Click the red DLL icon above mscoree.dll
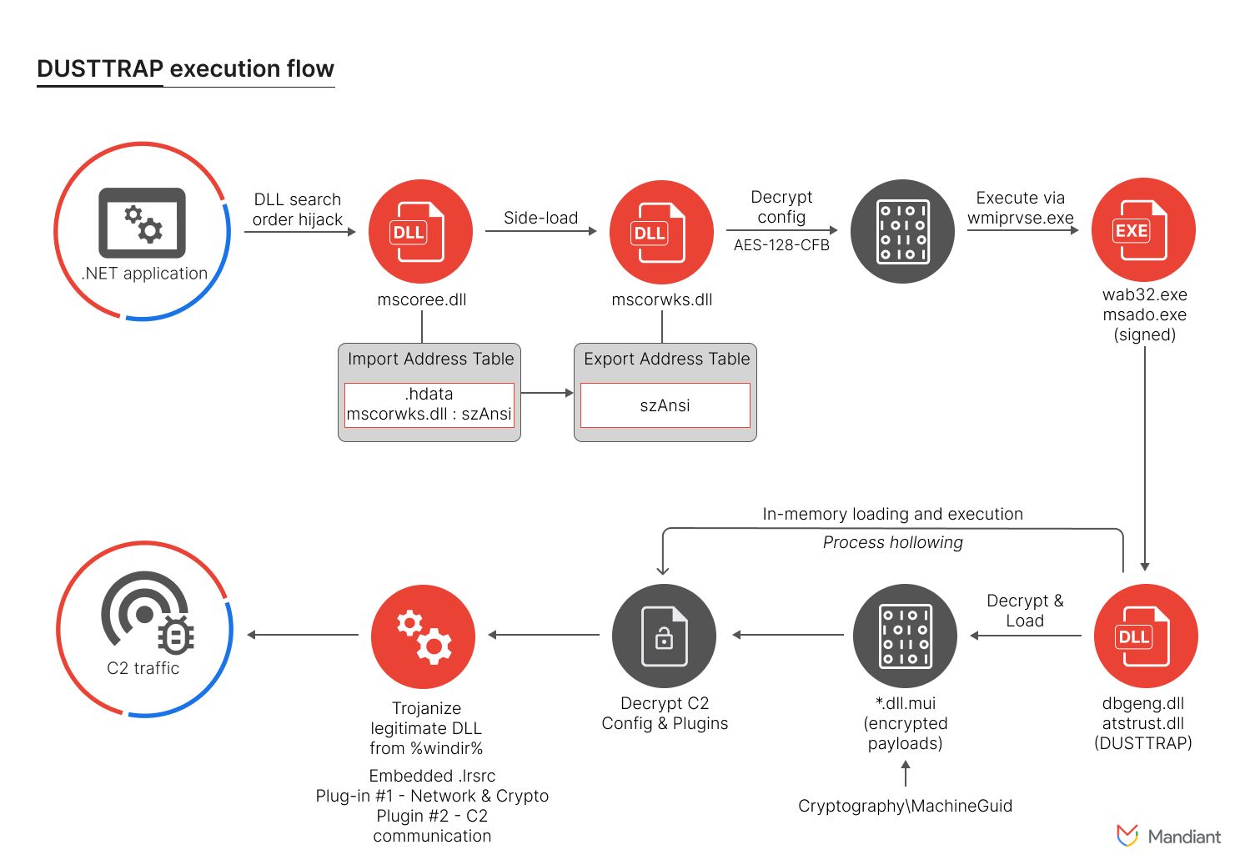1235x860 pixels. [420, 231]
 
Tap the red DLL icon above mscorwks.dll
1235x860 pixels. [661, 232]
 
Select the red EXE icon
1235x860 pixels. [1143, 229]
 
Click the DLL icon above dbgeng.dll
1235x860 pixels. [1145, 636]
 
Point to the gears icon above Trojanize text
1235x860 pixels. [423, 636]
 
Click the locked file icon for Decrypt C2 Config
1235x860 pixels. [664, 636]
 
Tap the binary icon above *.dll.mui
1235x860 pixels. [905, 636]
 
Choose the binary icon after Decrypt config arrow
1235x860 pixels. [902, 231]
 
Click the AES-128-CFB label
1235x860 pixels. [781, 245]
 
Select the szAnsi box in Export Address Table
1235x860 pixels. [665, 405]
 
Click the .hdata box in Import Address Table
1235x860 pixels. [429, 405]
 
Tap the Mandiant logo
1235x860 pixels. [1168, 837]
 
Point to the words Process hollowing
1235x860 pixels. [892, 542]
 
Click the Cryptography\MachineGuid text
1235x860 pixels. [905, 806]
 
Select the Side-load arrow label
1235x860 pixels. [541, 218]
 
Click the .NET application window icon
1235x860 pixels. [142, 223]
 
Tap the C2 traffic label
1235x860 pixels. [143, 668]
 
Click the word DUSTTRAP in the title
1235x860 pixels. [100, 69]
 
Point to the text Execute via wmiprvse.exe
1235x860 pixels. [1020, 208]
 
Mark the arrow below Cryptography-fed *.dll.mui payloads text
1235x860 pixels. [906, 773]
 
